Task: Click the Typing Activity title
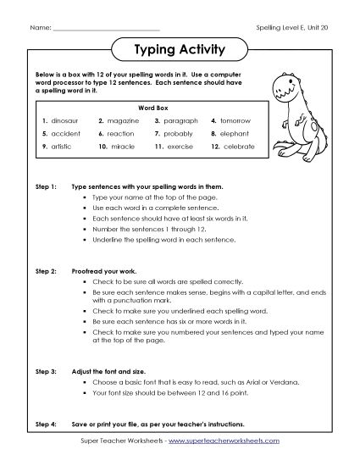pyautogui.click(x=180, y=50)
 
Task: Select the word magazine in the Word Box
pyautogui.click(x=123, y=121)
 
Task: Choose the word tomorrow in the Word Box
pyautogui.click(x=237, y=121)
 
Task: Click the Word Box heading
pyautogui.click(x=147, y=108)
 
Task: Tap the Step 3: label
pyautogui.click(x=44, y=371)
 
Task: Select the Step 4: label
pyautogui.click(x=44, y=423)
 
